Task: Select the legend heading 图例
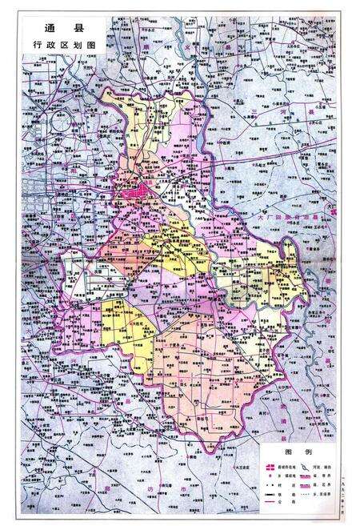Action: [x=298, y=452]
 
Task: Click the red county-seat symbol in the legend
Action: [x=270, y=467]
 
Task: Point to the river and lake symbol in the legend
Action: [x=305, y=467]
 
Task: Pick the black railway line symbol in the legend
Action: [x=270, y=494]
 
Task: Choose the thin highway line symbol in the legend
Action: [x=270, y=502]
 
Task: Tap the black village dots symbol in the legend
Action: [x=270, y=485]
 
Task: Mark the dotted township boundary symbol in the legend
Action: [x=305, y=494]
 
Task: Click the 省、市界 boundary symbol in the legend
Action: [x=305, y=476]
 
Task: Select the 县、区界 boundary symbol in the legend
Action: [x=305, y=485]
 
